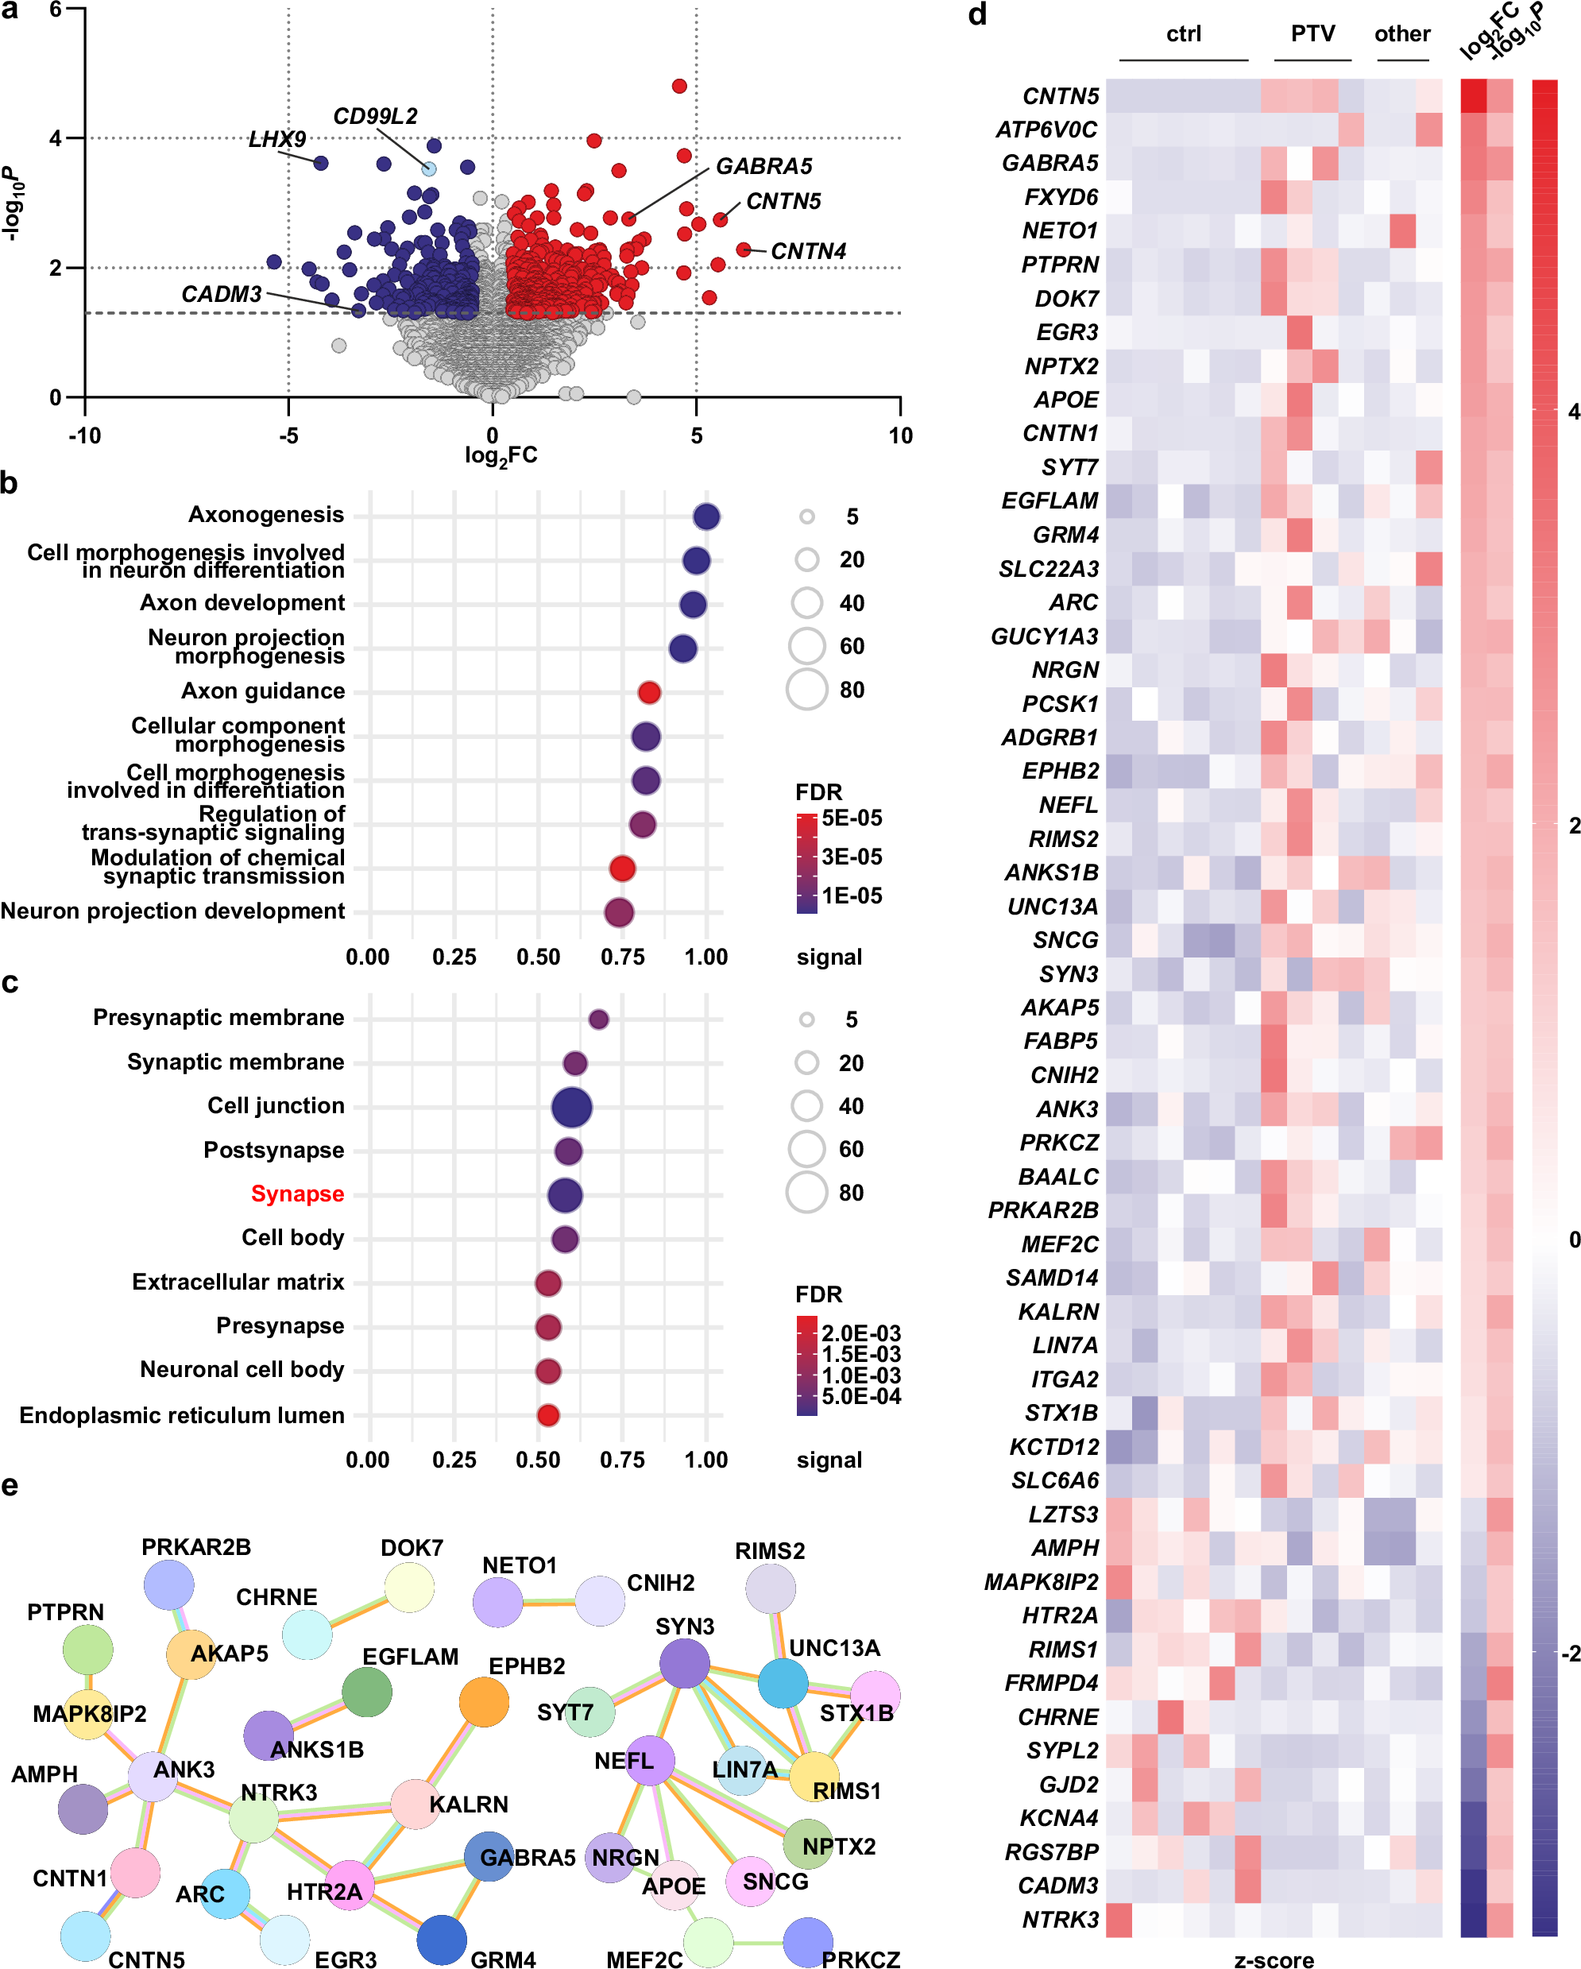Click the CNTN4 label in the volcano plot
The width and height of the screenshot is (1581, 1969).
807,251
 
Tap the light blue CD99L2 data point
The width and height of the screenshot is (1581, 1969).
428,169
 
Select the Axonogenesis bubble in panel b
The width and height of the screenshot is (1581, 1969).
705,517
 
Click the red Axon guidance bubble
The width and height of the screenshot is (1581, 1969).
648,692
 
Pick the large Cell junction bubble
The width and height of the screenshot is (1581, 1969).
572,1107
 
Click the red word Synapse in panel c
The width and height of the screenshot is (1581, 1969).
297,1193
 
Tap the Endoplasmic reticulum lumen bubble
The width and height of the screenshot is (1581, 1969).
547,1414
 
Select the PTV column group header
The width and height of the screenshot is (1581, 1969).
1312,35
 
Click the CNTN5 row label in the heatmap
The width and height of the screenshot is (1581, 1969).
1060,97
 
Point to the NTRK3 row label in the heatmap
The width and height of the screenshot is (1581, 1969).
1060,1919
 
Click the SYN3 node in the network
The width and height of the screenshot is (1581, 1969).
684,1663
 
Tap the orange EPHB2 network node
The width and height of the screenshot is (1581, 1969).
484,1702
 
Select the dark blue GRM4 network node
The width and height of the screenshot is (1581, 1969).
442,1940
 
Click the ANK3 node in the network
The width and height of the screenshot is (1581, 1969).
153,1776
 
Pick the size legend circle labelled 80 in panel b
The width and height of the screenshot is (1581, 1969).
806,690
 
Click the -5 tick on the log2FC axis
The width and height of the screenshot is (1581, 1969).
288,435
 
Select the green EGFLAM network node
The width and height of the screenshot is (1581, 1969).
366,1692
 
